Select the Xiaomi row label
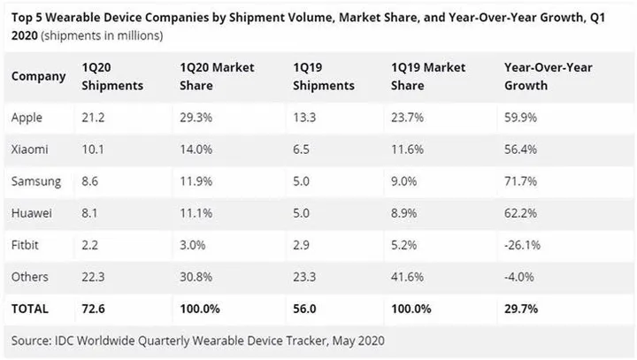[29, 149]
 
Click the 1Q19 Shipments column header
[324, 78]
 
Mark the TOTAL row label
[30, 309]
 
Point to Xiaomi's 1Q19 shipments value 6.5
[303, 149]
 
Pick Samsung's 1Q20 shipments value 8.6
[91, 181]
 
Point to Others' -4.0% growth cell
[518, 277]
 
